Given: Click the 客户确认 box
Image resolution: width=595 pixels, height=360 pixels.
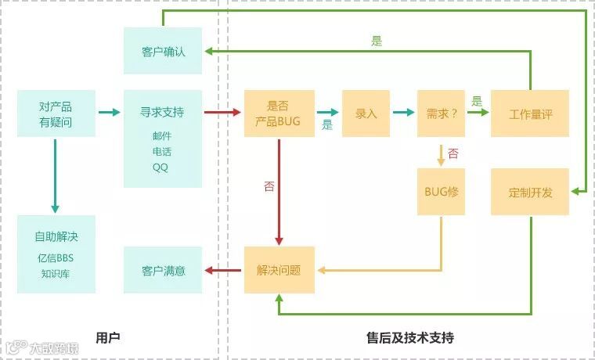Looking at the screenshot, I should [x=162, y=51].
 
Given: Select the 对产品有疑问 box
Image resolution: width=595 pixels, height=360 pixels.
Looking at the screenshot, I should [x=56, y=113].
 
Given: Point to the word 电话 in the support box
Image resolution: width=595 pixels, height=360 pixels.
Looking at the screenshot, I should [x=161, y=151].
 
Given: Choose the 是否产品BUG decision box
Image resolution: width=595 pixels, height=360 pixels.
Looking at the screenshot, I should [x=279, y=113].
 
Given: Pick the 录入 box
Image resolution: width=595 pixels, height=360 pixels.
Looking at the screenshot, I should [x=366, y=113].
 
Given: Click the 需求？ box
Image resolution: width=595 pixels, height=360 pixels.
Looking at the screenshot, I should [x=441, y=113].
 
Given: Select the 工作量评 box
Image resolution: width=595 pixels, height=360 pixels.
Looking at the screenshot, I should [x=530, y=113].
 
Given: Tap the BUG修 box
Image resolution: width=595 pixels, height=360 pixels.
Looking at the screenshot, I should [x=441, y=192].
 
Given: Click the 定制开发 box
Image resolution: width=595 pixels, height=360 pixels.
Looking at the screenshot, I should [x=530, y=192].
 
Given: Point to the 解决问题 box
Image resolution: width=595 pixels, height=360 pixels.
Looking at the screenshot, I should [x=279, y=270].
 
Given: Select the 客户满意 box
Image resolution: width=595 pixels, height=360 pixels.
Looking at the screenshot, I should [x=163, y=270].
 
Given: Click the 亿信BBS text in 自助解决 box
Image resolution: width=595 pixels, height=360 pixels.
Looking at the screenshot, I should [x=56, y=258].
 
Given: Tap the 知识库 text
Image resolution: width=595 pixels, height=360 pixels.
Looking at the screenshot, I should [x=56, y=274].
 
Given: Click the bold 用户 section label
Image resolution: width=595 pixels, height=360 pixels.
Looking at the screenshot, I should [x=107, y=337].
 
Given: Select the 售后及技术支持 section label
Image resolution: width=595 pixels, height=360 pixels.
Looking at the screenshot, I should [x=409, y=337].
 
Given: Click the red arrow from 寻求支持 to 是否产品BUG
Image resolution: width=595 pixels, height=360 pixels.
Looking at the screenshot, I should [x=222, y=113].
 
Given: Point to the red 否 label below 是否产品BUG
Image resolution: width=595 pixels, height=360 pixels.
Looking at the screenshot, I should [x=269, y=186].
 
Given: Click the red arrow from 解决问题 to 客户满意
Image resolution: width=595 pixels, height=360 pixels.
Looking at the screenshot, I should [x=222, y=270].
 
